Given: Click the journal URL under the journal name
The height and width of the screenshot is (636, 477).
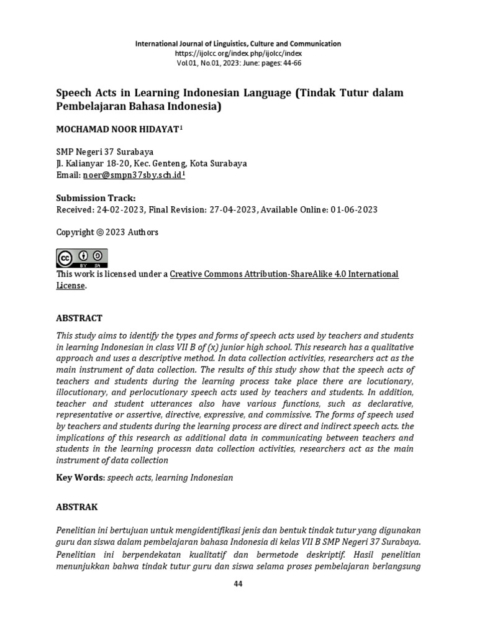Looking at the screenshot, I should point(238,53).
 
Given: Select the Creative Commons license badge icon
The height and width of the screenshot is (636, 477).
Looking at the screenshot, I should point(82,258).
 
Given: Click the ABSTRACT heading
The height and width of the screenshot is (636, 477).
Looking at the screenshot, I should point(79,318).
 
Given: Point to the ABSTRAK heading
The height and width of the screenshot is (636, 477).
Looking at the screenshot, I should point(77,507).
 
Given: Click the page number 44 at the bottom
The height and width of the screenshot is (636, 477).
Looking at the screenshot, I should point(238,584).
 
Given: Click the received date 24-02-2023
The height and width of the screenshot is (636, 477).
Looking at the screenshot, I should point(120,210).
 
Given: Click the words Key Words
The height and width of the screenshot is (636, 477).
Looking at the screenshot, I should point(79,478).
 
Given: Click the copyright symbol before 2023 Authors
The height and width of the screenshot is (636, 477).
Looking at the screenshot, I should point(99,232).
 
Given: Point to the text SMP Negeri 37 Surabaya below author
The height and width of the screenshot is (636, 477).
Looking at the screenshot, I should point(105,152).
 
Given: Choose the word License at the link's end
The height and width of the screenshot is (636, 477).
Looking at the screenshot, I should point(70,286).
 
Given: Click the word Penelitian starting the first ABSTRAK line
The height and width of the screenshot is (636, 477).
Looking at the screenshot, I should point(79,530).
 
